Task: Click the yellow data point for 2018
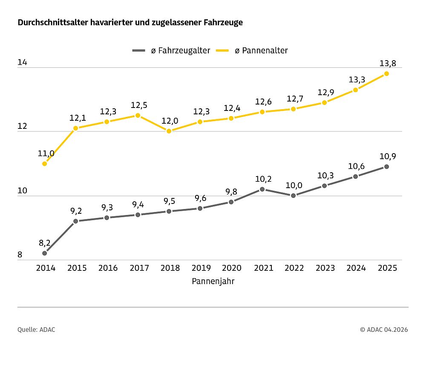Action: click(169, 131)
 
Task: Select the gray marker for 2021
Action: click(262, 189)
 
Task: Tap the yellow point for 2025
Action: click(386, 73)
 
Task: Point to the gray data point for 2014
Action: click(45, 253)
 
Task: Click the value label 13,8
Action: click(388, 63)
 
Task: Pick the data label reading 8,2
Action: click(45, 243)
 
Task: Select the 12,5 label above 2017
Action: click(139, 105)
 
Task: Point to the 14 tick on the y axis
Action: click(22, 63)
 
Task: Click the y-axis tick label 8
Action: click(20, 255)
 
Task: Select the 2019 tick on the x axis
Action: click(201, 268)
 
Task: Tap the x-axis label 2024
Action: click(356, 268)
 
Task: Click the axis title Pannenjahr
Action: click(213, 281)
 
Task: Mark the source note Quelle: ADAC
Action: click(36, 329)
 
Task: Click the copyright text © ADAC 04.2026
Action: click(383, 329)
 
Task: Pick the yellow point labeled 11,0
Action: click(45, 163)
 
